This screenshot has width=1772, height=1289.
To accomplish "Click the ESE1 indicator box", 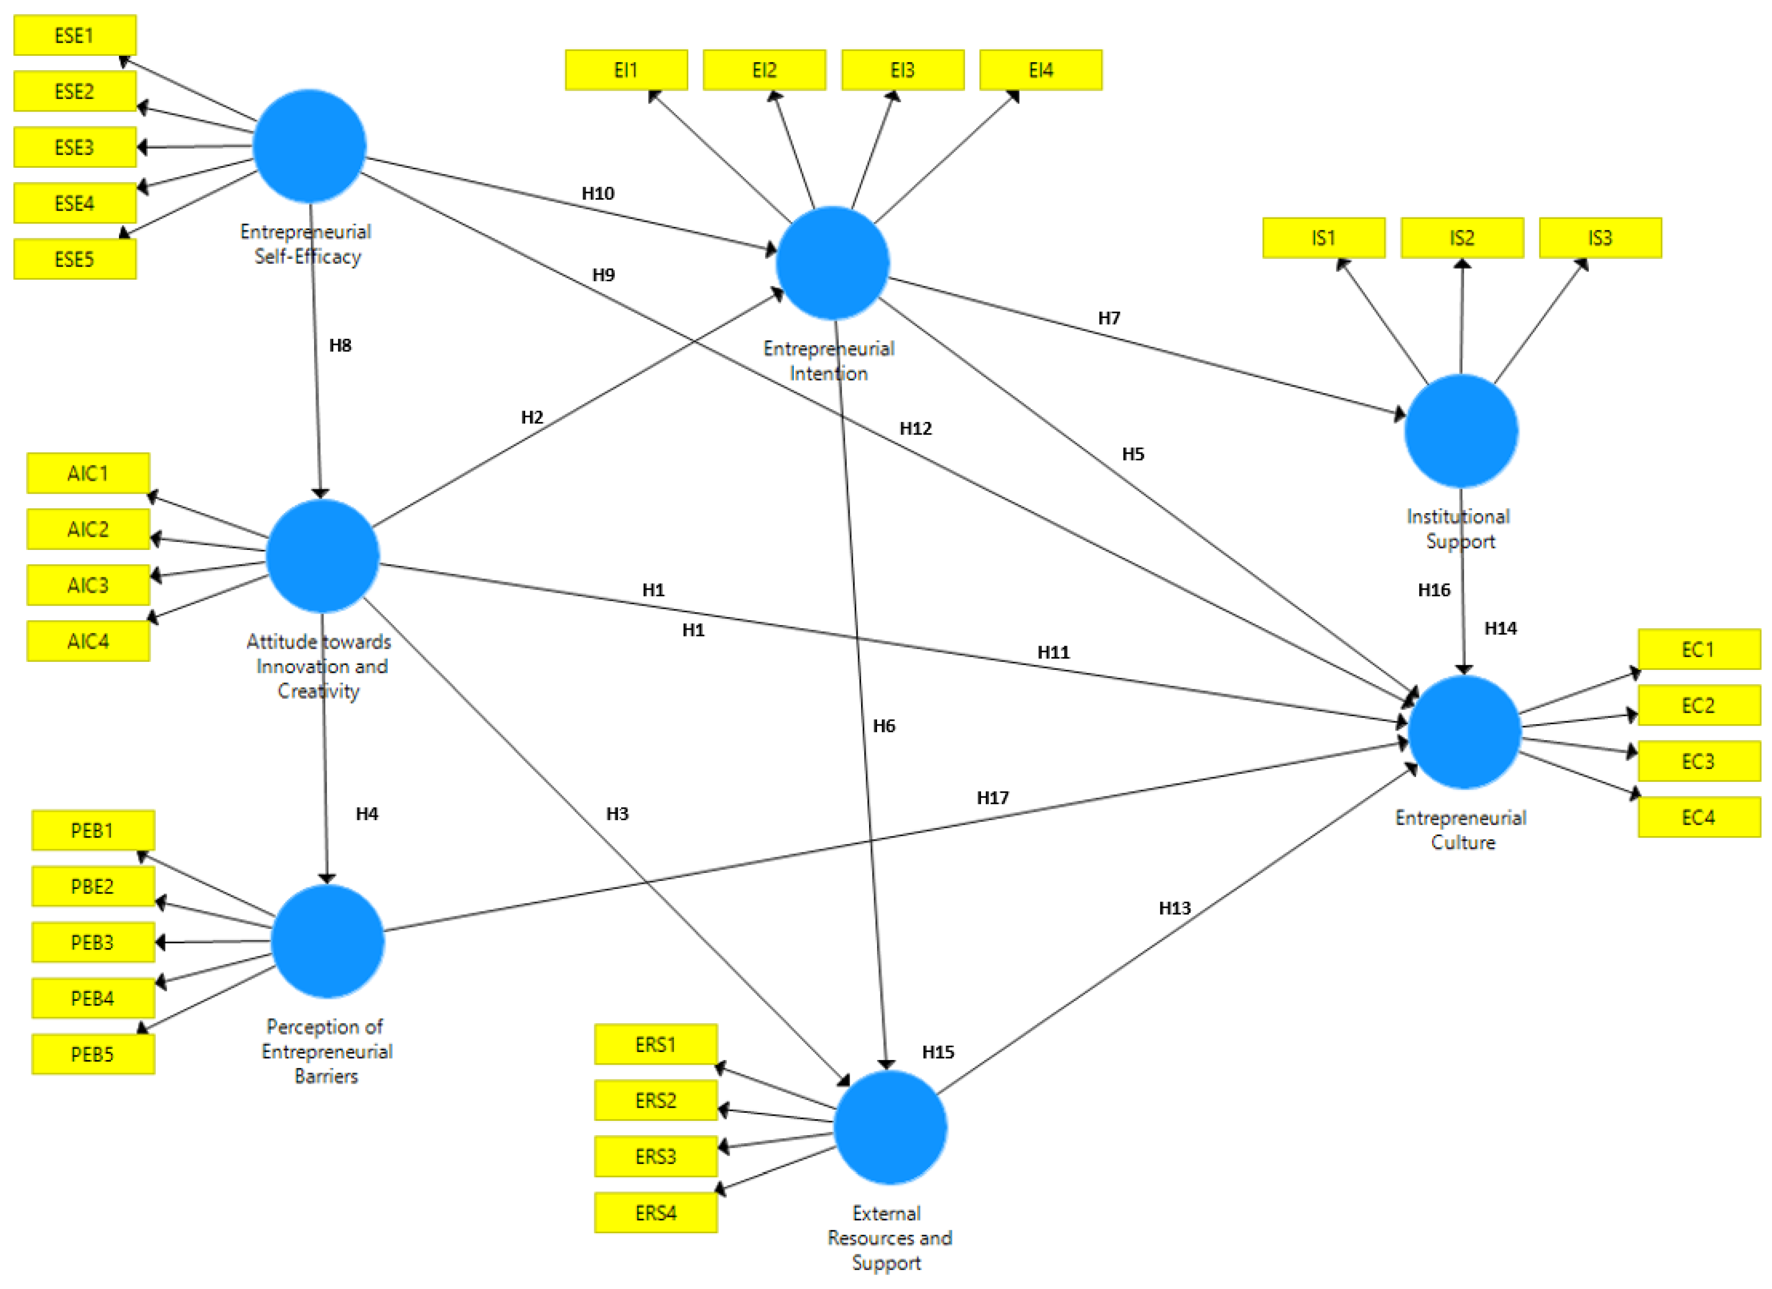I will point(75,35).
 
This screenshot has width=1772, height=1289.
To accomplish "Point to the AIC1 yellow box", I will point(88,473).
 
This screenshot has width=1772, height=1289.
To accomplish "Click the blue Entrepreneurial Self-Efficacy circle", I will point(310,146).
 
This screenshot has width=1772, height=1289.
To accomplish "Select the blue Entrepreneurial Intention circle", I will point(833,263).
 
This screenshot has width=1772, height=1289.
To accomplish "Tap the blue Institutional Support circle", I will point(1461,431).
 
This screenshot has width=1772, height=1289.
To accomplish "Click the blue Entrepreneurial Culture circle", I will point(1464,732).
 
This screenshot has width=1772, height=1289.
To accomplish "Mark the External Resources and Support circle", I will point(890,1127).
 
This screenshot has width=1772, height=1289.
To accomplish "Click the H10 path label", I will point(598,194).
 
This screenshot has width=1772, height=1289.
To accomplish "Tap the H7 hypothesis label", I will point(1108,318).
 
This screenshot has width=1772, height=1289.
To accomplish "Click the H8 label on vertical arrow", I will point(340,345).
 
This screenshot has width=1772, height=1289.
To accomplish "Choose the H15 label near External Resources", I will point(938,1052).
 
